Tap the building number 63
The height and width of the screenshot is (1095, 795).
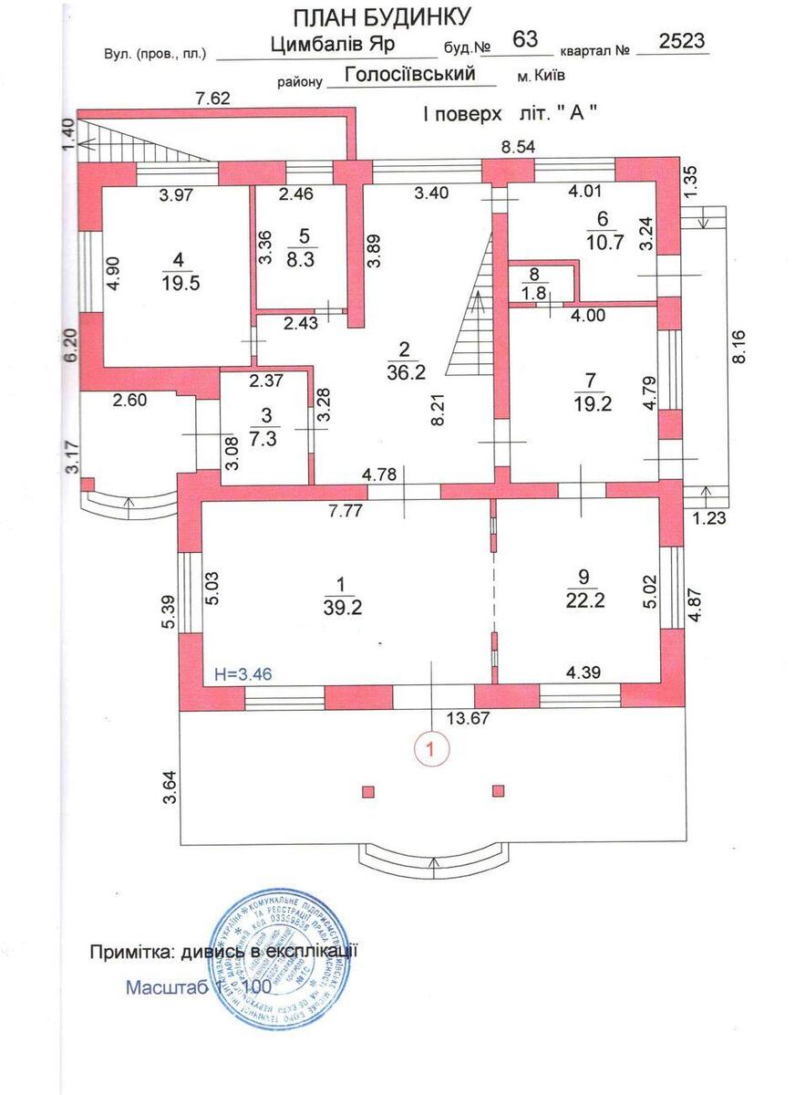pos(526,38)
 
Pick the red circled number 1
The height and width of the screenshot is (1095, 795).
pos(433,747)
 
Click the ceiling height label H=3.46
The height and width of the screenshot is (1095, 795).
pos(243,674)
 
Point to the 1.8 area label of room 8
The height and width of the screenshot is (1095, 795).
pos(534,292)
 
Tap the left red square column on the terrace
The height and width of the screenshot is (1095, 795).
pos(368,791)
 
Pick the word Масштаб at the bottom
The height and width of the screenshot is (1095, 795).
pos(166,987)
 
